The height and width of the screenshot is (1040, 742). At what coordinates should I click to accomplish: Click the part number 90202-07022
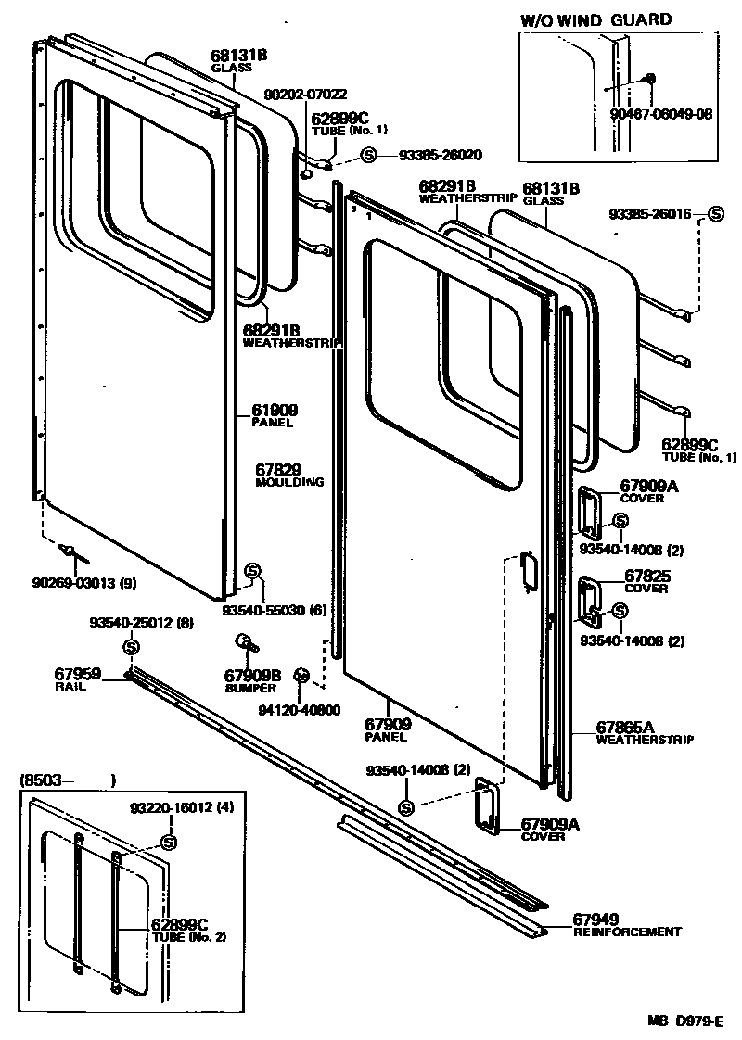306,94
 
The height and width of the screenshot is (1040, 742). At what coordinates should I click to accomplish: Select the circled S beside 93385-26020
368,155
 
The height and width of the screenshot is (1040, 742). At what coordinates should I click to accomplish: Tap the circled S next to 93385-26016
715,214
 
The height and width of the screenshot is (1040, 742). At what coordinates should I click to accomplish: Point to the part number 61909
274,410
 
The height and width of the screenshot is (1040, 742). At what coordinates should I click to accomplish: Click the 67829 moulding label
278,470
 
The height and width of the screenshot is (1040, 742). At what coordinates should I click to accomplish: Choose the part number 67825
646,576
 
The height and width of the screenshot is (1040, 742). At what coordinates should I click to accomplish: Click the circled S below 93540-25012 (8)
131,646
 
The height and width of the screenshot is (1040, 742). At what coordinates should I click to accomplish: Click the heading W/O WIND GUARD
595,19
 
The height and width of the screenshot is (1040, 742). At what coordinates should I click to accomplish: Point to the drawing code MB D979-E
684,1021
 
